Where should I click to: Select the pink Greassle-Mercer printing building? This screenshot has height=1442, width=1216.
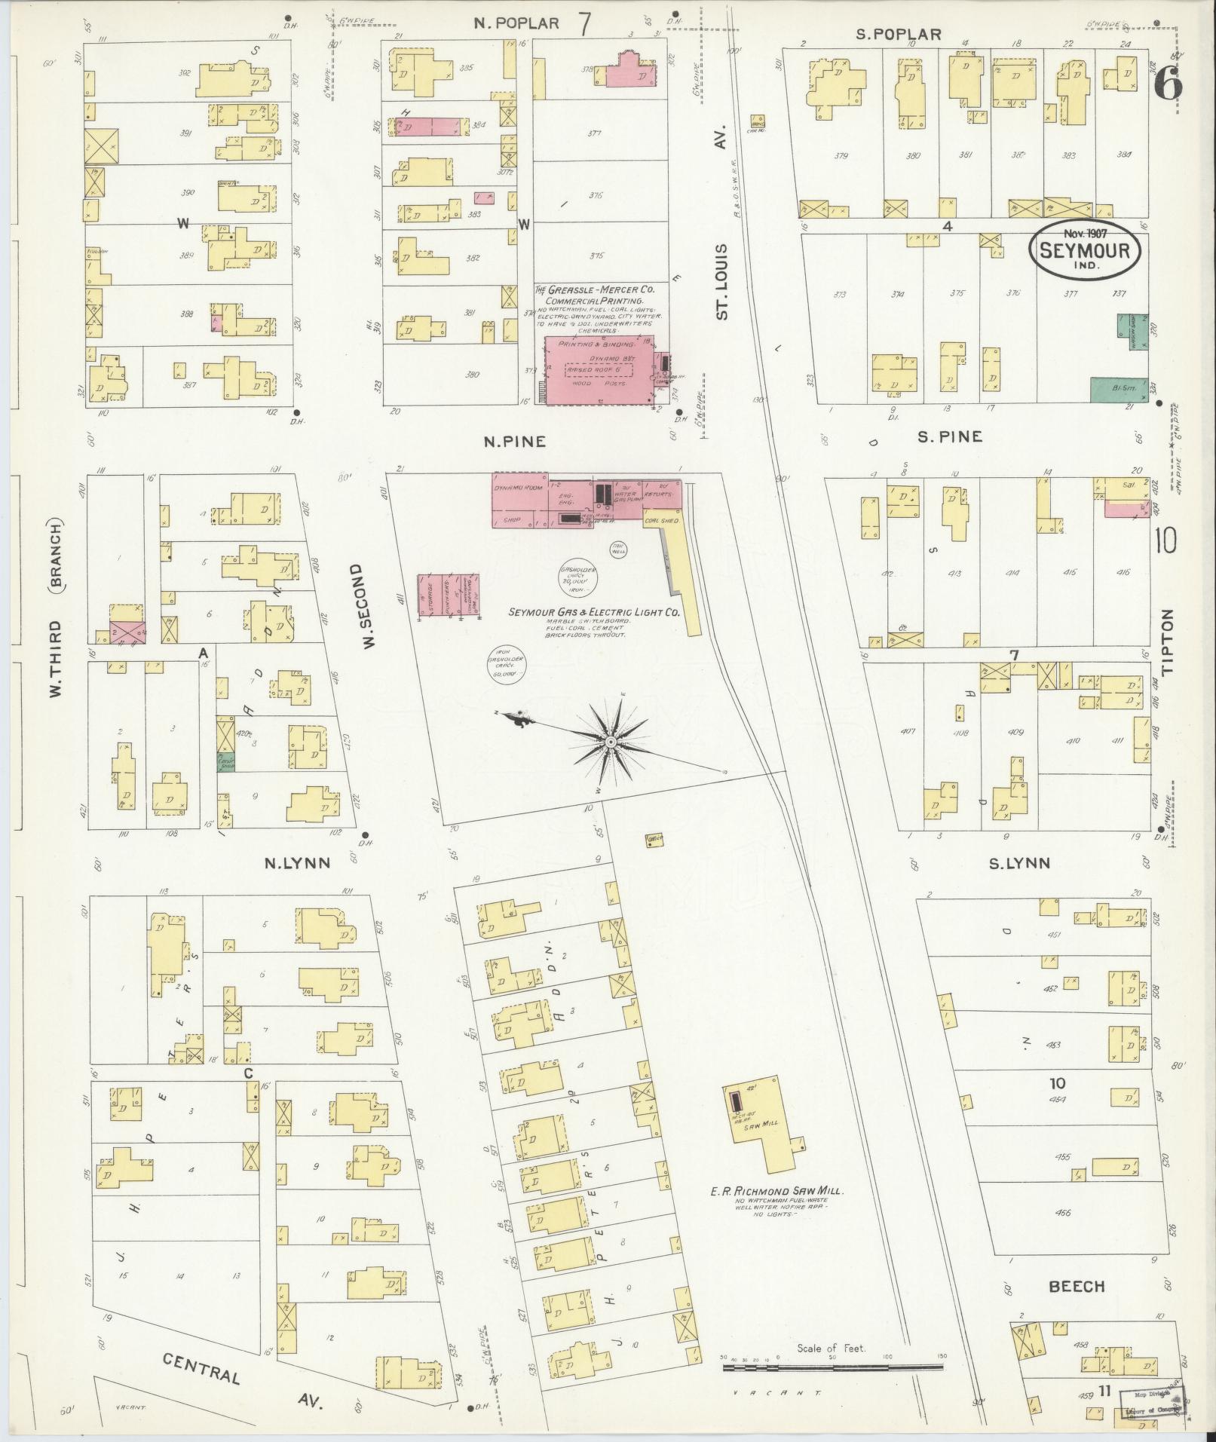pyautogui.click(x=599, y=370)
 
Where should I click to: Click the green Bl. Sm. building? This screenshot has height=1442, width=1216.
pyautogui.click(x=1119, y=389)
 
